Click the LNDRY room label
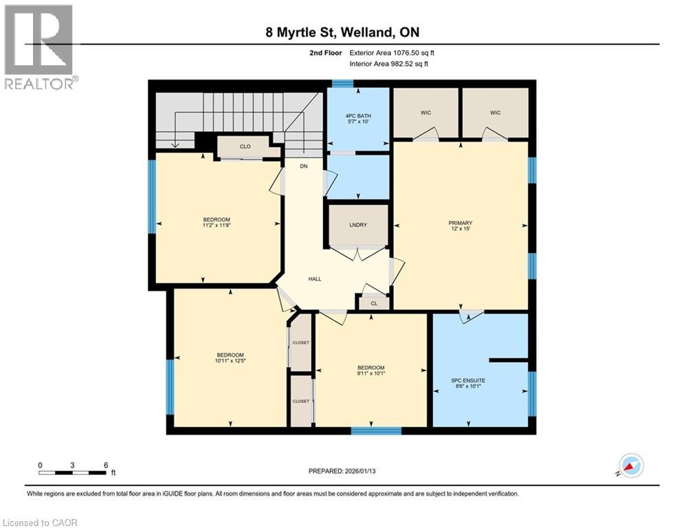coord(357,225)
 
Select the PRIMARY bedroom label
coord(460,223)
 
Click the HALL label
coord(315,278)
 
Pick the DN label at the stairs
coord(303,166)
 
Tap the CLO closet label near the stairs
coord(245,146)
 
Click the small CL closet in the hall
coord(374,302)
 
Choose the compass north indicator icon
coord(631,465)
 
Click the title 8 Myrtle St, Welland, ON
coord(342,32)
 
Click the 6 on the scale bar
coord(105,465)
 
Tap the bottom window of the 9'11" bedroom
coord(375,430)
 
